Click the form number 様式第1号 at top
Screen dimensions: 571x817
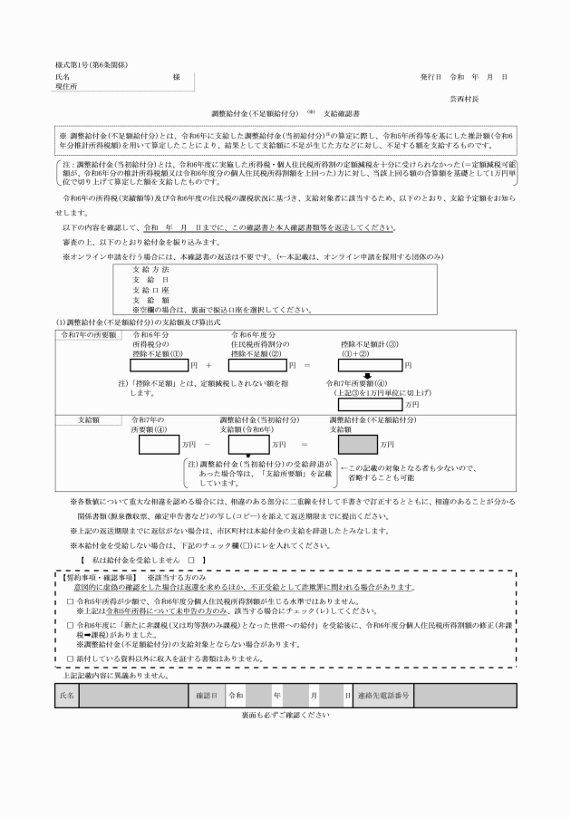76,64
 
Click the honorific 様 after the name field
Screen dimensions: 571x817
176,78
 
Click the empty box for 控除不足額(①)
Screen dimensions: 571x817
160,366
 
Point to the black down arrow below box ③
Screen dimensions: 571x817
368,377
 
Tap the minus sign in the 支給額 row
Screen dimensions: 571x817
207,446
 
